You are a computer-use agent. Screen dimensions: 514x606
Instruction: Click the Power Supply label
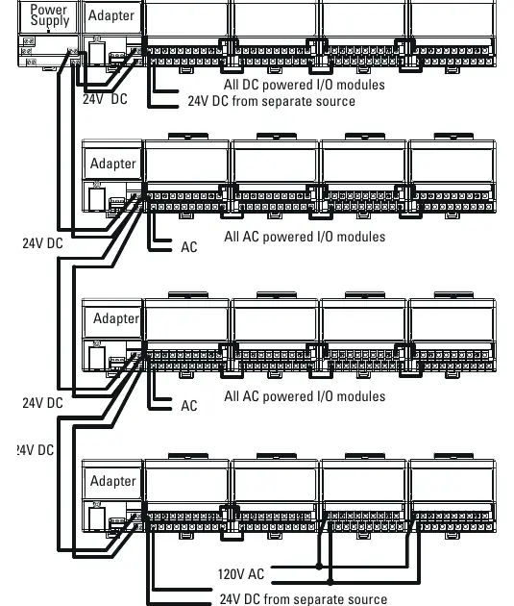click(x=50, y=15)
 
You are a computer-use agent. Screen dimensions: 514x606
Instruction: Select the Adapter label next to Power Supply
click(x=111, y=15)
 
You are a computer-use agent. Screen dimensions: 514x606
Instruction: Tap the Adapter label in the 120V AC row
click(x=113, y=481)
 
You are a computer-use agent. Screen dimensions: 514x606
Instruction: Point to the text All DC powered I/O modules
click(x=305, y=85)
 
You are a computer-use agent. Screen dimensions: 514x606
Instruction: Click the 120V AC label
click(x=241, y=574)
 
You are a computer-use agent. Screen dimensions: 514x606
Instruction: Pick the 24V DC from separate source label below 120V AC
click(x=304, y=599)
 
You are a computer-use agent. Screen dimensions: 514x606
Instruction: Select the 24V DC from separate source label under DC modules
click(x=271, y=101)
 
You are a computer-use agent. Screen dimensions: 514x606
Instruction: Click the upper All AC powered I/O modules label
click(x=305, y=237)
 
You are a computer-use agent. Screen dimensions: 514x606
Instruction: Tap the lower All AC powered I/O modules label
click(x=305, y=396)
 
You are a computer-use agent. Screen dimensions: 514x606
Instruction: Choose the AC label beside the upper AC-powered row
click(x=189, y=247)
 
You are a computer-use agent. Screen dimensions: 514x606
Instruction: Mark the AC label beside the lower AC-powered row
click(x=189, y=406)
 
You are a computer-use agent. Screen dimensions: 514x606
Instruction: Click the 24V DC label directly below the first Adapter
click(x=105, y=99)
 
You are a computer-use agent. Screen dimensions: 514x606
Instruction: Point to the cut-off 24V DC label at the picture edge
click(x=35, y=450)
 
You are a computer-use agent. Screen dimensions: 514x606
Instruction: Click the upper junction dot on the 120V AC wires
click(x=319, y=567)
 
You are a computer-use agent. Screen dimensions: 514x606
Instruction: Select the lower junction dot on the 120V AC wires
click(x=330, y=581)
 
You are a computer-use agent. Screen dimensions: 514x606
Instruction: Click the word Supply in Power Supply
click(x=50, y=21)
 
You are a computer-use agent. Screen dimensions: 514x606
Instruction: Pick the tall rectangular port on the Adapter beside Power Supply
click(x=97, y=53)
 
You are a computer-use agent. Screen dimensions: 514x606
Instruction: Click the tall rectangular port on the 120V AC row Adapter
click(x=97, y=518)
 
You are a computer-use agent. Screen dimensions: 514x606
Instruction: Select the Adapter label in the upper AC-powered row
click(x=113, y=164)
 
